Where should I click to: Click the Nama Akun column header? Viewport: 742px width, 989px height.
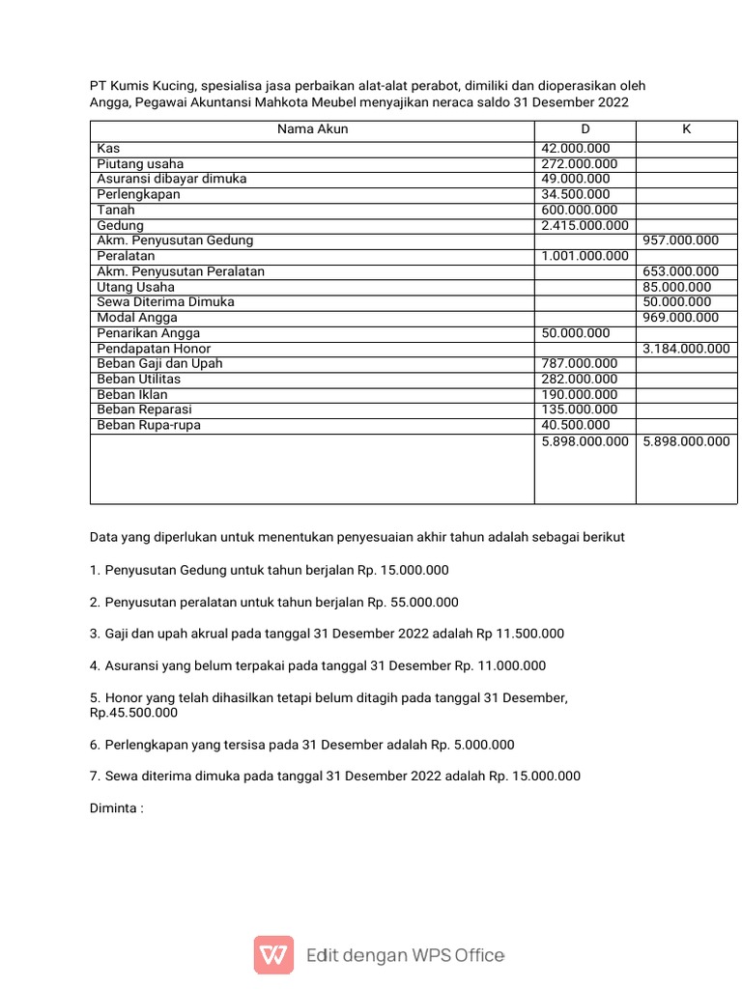point(312,129)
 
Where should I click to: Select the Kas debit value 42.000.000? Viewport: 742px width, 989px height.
point(576,149)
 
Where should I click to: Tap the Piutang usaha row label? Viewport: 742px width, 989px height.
point(140,164)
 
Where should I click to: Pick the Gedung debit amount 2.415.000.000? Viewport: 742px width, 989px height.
point(585,226)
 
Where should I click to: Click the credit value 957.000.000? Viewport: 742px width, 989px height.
point(680,240)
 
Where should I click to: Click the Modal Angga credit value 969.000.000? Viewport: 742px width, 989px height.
point(680,318)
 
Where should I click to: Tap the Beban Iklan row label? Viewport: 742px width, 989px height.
point(132,395)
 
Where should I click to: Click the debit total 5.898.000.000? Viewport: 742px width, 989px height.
point(585,441)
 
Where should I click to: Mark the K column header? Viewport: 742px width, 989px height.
point(686,129)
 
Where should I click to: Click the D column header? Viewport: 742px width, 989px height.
point(585,129)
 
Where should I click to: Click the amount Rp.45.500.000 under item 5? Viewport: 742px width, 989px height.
point(133,713)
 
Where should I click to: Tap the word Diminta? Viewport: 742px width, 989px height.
point(113,807)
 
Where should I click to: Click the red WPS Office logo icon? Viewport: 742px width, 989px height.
point(273,955)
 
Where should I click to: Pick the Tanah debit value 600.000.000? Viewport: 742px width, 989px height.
point(580,211)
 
